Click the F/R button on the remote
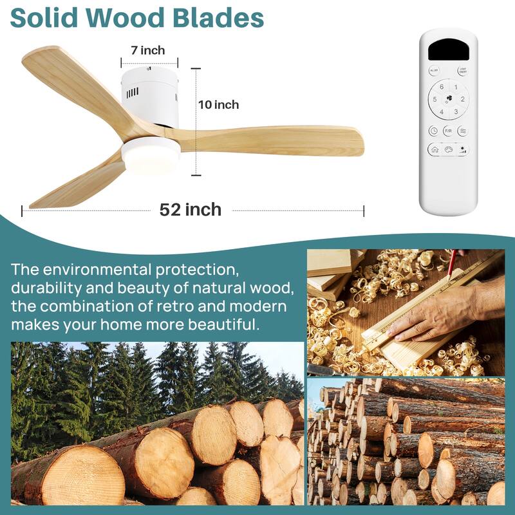pyautogui.click(x=448, y=130)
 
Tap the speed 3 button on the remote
pyautogui.click(x=456, y=111)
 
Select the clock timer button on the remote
pyautogui.click(x=433, y=130)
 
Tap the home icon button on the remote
pyautogui.click(x=434, y=149)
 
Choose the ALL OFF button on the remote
pyautogui.click(x=434, y=71)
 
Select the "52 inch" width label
pyautogui.click(x=191, y=209)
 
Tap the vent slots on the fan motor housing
pyautogui.click(x=133, y=93)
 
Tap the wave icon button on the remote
pyautogui.click(x=463, y=130)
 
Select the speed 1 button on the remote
pyautogui.click(x=456, y=87)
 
